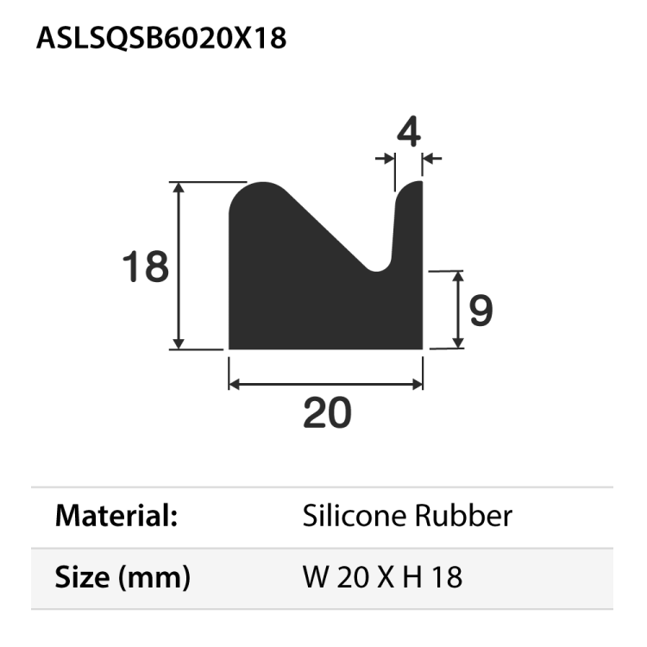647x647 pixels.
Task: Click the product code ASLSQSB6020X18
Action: point(161,39)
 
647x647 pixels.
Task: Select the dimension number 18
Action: point(145,267)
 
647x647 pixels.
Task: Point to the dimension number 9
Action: point(481,311)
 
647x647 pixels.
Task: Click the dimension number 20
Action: point(327,413)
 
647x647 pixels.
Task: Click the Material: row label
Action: point(116,517)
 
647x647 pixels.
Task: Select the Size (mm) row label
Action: point(122,576)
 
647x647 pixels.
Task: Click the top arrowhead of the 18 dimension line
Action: point(179,187)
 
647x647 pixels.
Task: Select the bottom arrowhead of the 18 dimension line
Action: point(179,344)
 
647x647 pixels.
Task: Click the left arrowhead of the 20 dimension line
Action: point(233,383)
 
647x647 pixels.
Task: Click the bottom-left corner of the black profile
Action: point(229,348)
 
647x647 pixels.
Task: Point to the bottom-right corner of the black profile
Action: point(422,348)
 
